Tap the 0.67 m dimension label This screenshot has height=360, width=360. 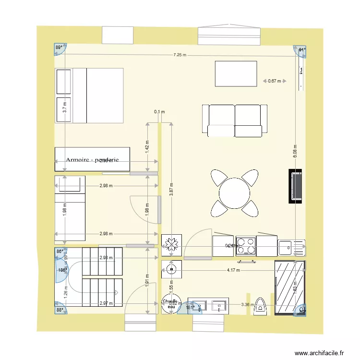pos(275,81)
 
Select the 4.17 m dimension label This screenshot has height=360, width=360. pos(234,270)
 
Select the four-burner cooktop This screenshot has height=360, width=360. pos(245,246)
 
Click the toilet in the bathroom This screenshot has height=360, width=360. pos(261,306)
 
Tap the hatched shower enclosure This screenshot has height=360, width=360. pos(289,288)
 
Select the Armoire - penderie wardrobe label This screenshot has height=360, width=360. pos(92,160)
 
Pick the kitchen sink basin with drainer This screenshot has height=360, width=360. pos(291,247)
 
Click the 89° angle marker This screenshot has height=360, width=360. pos(59,48)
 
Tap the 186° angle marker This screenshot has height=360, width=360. pos(62,270)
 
